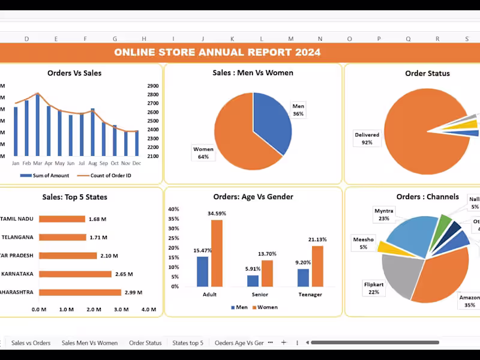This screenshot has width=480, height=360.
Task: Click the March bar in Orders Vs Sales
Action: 38,126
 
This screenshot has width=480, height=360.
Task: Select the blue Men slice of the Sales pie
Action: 270,120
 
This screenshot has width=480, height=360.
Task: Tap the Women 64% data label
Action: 203,153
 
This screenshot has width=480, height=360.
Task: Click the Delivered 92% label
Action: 367,139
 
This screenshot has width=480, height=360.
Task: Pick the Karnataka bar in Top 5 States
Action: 76,274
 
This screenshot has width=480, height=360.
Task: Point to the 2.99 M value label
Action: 133,293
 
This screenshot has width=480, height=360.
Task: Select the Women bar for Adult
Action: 217,253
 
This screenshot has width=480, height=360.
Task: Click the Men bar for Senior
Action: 253,281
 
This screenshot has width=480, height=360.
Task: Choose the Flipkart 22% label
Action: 374,288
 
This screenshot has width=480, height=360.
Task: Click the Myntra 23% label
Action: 383,215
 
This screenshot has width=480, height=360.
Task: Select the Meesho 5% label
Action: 364,243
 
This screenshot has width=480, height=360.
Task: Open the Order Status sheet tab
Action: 145,343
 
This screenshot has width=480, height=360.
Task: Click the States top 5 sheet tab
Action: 188,343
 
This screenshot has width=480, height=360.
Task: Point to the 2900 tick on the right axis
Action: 152,86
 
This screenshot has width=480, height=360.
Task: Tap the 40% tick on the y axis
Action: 173,209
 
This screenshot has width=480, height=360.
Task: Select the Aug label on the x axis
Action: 92,163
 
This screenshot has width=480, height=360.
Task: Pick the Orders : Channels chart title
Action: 427,197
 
